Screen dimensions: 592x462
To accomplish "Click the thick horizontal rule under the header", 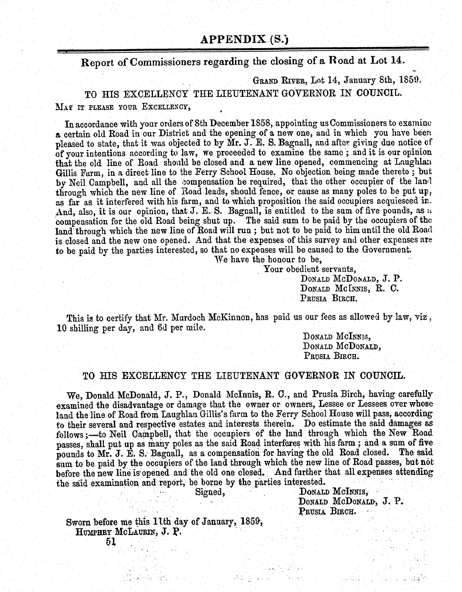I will [x=243, y=50].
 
